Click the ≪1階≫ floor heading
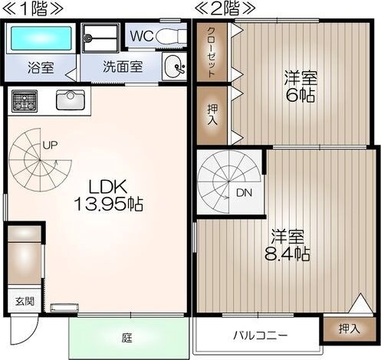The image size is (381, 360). pos(31,10)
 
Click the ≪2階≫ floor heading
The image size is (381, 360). pos(226,10)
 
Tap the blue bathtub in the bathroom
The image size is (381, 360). pos(39,38)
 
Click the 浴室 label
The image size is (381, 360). pos(40,66)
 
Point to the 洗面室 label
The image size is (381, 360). pos(123,66)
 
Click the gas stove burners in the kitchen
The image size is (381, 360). pos(25,100)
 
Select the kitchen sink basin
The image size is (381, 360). pos(71,100)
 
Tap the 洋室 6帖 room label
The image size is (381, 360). pos(301,87)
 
